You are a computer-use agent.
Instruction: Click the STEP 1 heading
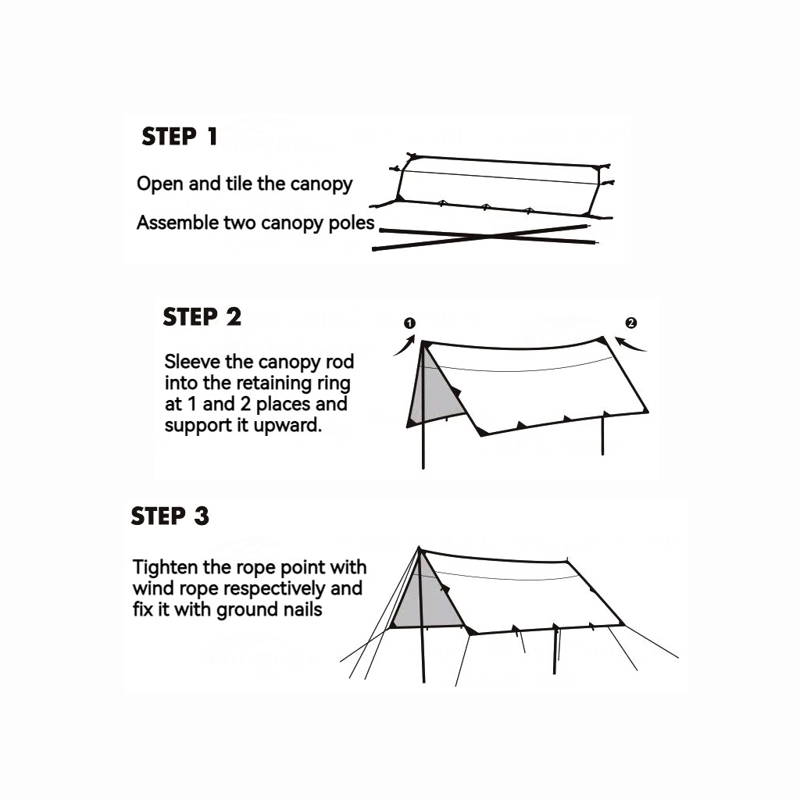click(180, 137)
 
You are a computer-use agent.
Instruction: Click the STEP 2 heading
click(202, 317)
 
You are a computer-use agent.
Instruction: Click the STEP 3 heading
click(170, 516)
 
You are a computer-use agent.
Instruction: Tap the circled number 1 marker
click(409, 323)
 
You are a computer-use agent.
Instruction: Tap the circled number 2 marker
click(631, 323)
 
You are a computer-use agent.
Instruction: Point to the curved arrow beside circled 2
click(630, 345)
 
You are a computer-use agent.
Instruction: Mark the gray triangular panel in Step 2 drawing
click(435, 392)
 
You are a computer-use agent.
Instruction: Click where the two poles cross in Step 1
click(489, 236)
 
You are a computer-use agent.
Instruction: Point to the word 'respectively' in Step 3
click(275, 589)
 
